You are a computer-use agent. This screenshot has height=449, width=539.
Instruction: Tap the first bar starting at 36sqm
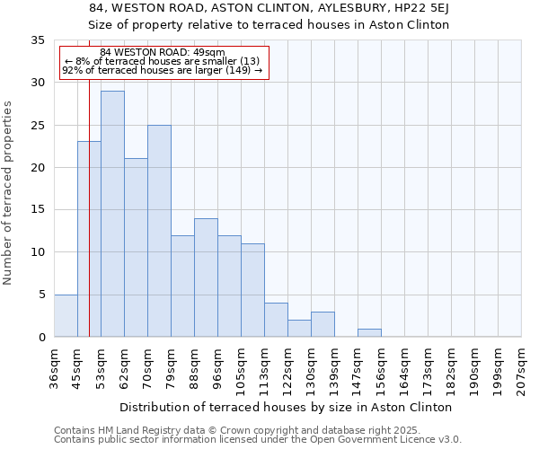click(x=66, y=315)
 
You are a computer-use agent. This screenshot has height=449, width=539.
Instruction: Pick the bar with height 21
click(x=136, y=248)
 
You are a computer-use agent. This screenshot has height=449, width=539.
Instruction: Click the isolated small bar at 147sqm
click(x=369, y=332)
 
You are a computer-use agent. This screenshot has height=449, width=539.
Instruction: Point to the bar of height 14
click(x=206, y=277)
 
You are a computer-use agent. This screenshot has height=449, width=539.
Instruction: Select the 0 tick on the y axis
click(x=40, y=338)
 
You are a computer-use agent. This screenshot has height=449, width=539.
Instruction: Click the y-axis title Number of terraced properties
click(x=9, y=192)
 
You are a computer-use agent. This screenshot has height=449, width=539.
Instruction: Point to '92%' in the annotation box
click(x=72, y=70)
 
